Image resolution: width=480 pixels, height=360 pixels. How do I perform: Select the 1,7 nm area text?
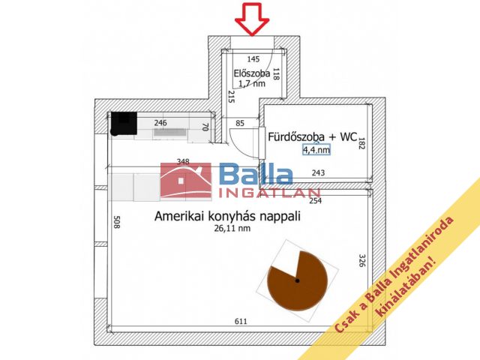[x=250, y=84]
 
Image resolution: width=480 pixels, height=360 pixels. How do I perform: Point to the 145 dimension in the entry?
[x=253, y=59]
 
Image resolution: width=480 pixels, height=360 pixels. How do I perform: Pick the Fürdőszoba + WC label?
[x=313, y=136]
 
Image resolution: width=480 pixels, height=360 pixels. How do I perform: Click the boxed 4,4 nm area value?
[x=316, y=150]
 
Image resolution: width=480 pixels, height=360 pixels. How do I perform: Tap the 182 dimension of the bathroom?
[x=361, y=142]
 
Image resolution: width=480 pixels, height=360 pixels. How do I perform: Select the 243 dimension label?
[x=317, y=173]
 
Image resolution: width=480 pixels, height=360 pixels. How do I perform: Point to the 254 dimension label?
[x=314, y=200]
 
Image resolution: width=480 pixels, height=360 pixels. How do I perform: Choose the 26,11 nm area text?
[x=229, y=229]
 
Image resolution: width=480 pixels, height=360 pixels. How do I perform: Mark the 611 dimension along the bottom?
[x=241, y=322]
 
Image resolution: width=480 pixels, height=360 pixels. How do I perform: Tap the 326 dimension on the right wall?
[x=361, y=262]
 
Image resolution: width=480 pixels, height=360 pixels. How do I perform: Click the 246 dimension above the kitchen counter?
[x=160, y=122]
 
